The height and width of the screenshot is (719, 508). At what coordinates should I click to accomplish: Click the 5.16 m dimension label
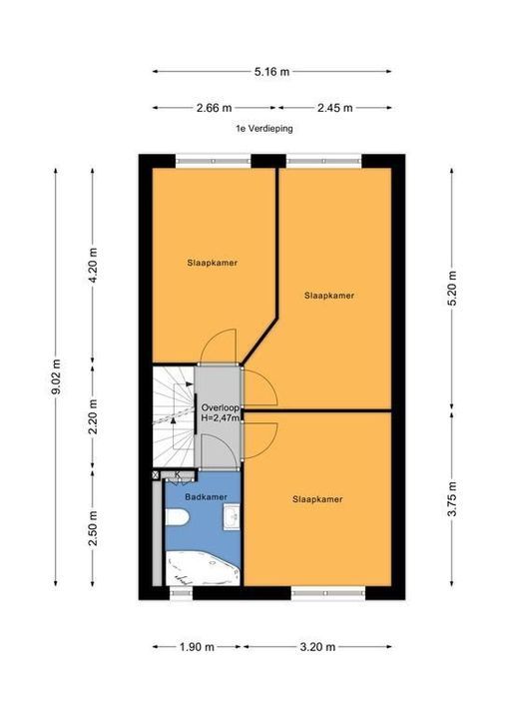pyautogui.click(x=271, y=71)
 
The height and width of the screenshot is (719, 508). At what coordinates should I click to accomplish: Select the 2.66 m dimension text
pyautogui.click(x=215, y=107)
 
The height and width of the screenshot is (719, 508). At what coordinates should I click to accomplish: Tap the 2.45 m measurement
pyautogui.click(x=332, y=107)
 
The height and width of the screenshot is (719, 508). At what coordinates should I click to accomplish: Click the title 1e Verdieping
pyautogui.click(x=258, y=129)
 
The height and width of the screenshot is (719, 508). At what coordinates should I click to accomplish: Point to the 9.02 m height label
pyautogui.click(x=56, y=378)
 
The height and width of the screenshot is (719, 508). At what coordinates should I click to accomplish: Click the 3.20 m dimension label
pyautogui.click(x=317, y=646)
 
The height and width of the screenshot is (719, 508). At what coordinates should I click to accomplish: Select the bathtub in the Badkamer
pyautogui.click(x=203, y=570)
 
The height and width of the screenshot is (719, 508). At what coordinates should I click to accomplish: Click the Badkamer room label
pyautogui.click(x=205, y=495)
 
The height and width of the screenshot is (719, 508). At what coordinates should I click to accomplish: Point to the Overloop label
pyautogui.click(x=218, y=408)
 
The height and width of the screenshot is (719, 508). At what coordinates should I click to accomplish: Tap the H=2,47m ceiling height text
pyautogui.click(x=220, y=421)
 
